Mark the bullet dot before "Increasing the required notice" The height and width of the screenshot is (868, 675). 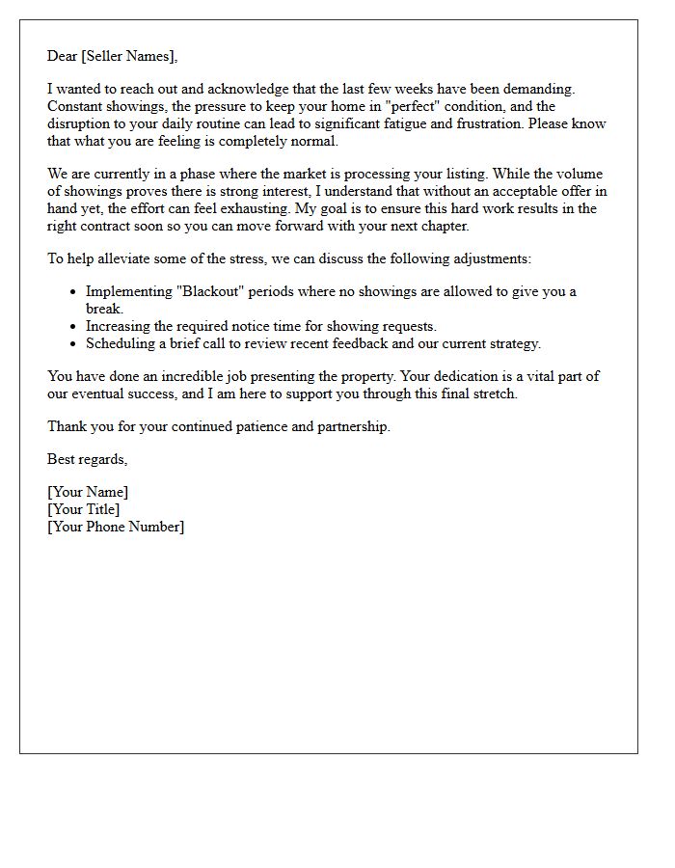pos(74,327)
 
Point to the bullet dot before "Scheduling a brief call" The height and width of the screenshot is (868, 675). pos(74,344)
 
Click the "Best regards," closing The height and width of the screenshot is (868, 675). pos(88,459)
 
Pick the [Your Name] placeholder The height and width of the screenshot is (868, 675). pos(88,492)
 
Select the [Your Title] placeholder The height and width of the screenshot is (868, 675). pos(84,509)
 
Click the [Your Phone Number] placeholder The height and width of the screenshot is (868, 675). pos(116,527)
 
